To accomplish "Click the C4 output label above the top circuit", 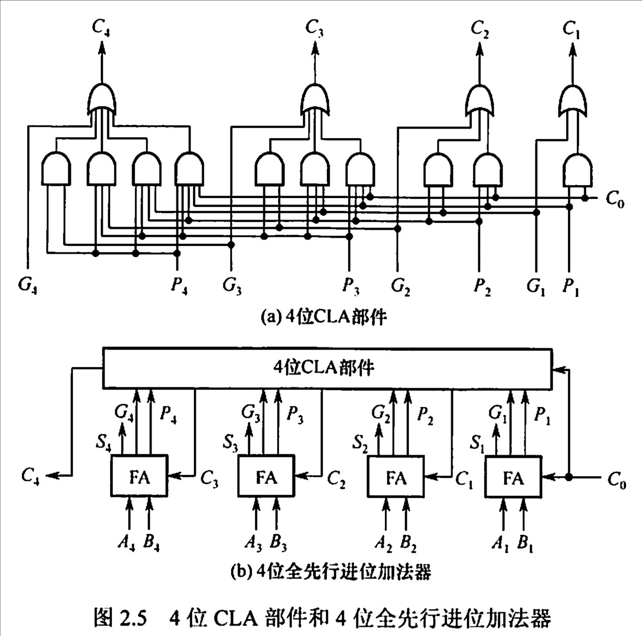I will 101,28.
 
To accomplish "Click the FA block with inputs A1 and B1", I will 513,476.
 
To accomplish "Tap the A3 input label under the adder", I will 253,543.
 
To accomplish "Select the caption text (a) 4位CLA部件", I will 324,317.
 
